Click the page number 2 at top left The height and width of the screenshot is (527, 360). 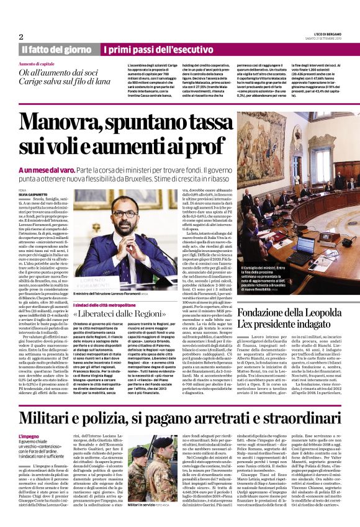(21, 36)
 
